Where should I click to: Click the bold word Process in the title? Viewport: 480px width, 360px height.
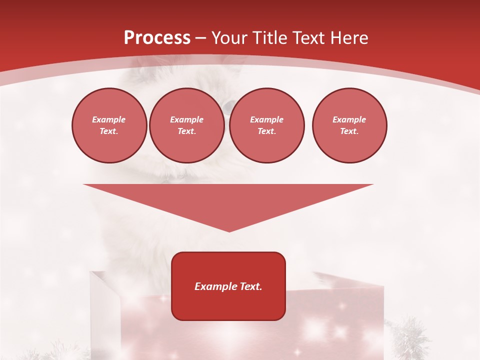click(x=157, y=38)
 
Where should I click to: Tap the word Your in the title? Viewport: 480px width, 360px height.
click(x=230, y=38)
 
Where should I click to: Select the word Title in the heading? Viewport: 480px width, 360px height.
click(x=270, y=38)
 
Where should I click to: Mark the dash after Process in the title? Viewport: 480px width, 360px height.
click(x=200, y=38)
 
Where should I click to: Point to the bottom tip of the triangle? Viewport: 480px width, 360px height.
click(x=229, y=230)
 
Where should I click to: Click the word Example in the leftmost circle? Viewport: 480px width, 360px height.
click(x=109, y=119)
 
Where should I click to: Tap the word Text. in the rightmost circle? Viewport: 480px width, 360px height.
click(x=349, y=131)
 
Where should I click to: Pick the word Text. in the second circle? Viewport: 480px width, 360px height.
click(x=186, y=131)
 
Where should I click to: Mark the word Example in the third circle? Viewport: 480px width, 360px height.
click(x=266, y=119)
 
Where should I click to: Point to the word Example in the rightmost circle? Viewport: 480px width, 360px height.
click(x=349, y=119)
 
